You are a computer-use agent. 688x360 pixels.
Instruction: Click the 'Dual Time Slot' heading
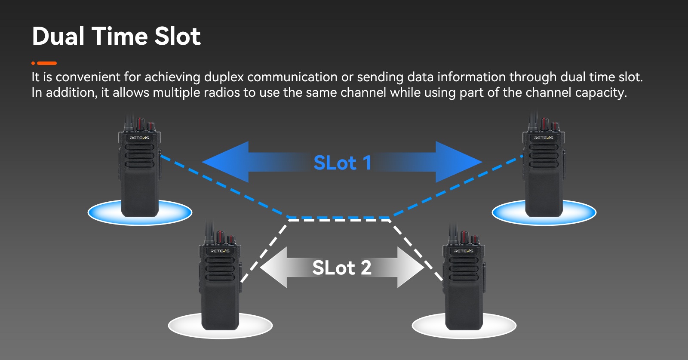tap(116, 36)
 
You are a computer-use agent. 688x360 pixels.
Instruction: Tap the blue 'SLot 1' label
tap(342, 163)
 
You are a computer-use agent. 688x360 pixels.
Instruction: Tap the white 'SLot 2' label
tap(342, 268)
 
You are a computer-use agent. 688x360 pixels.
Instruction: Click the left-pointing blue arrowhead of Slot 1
tap(225, 162)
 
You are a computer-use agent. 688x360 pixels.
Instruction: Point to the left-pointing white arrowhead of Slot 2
tap(273, 267)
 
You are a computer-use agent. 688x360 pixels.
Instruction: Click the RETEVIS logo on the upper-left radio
tap(139, 138)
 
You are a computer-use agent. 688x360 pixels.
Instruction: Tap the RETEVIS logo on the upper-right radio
tap(544, 138)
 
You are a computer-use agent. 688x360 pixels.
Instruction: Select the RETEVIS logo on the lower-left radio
tap(220, 251)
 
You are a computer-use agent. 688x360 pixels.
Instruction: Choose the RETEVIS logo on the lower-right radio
tap(464, 251)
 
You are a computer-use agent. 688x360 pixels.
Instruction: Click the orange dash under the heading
tap(47, 63)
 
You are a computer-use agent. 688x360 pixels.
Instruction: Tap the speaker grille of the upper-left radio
tap(140, 156)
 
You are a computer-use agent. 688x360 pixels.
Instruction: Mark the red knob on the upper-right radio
tap(544, 123)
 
